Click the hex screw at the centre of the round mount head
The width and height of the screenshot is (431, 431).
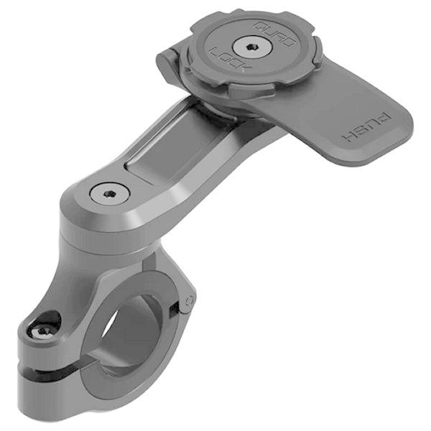click(248, 48)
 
